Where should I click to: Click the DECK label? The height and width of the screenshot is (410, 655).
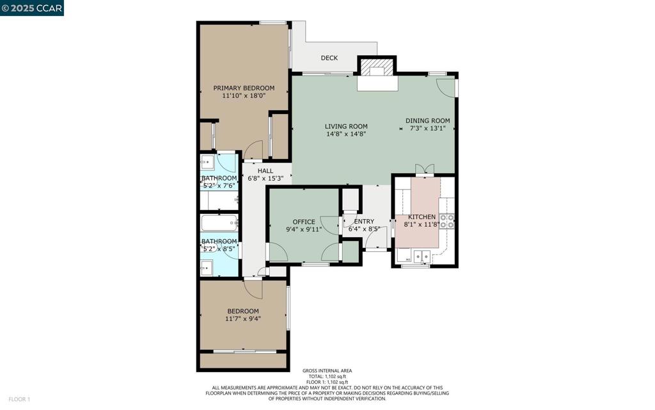pyautogui.click(x=329, y=58)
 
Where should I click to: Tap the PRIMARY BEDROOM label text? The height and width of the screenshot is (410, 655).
pyautogui.click(x=244, y=88)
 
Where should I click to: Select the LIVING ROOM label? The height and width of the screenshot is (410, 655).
pyautogui.click(x=346, y=126)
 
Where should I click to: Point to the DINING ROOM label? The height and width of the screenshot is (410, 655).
pyautogui.click(x=428, y=121)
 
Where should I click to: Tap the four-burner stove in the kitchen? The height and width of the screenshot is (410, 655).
pyautogui.click(x=446, y=221)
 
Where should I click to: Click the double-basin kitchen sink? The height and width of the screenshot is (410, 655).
pyautogui.click(x=422, y=256)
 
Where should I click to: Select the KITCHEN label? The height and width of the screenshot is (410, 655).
pyautogui.click(x=422, y=217)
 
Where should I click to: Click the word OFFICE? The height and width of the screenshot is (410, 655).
pyautogui.click(x=304, y=222)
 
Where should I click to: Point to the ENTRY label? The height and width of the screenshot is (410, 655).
pyautogui.click(x=364, y=221)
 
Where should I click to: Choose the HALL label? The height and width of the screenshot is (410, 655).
pyautogui.click(x=265, y=170)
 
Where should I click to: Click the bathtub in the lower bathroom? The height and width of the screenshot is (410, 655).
pyautogui.click(x=219, y=223)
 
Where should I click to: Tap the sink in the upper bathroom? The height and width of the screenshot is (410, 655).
pyautogui.click(x=207, y=161)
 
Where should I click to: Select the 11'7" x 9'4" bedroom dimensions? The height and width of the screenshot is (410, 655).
pyautogui.click(x=242, y=319)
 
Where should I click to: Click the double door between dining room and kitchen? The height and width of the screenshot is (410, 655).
pyautogui.click(x=425, y=168)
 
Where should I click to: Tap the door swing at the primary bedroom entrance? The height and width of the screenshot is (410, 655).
pyautogui.click(x=253, y=150)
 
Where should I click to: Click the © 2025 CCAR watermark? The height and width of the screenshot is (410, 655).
pyautogui.click(x=32, y=8)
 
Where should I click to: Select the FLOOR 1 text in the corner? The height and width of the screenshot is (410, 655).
pyautogui.click(x=19, y=400)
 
